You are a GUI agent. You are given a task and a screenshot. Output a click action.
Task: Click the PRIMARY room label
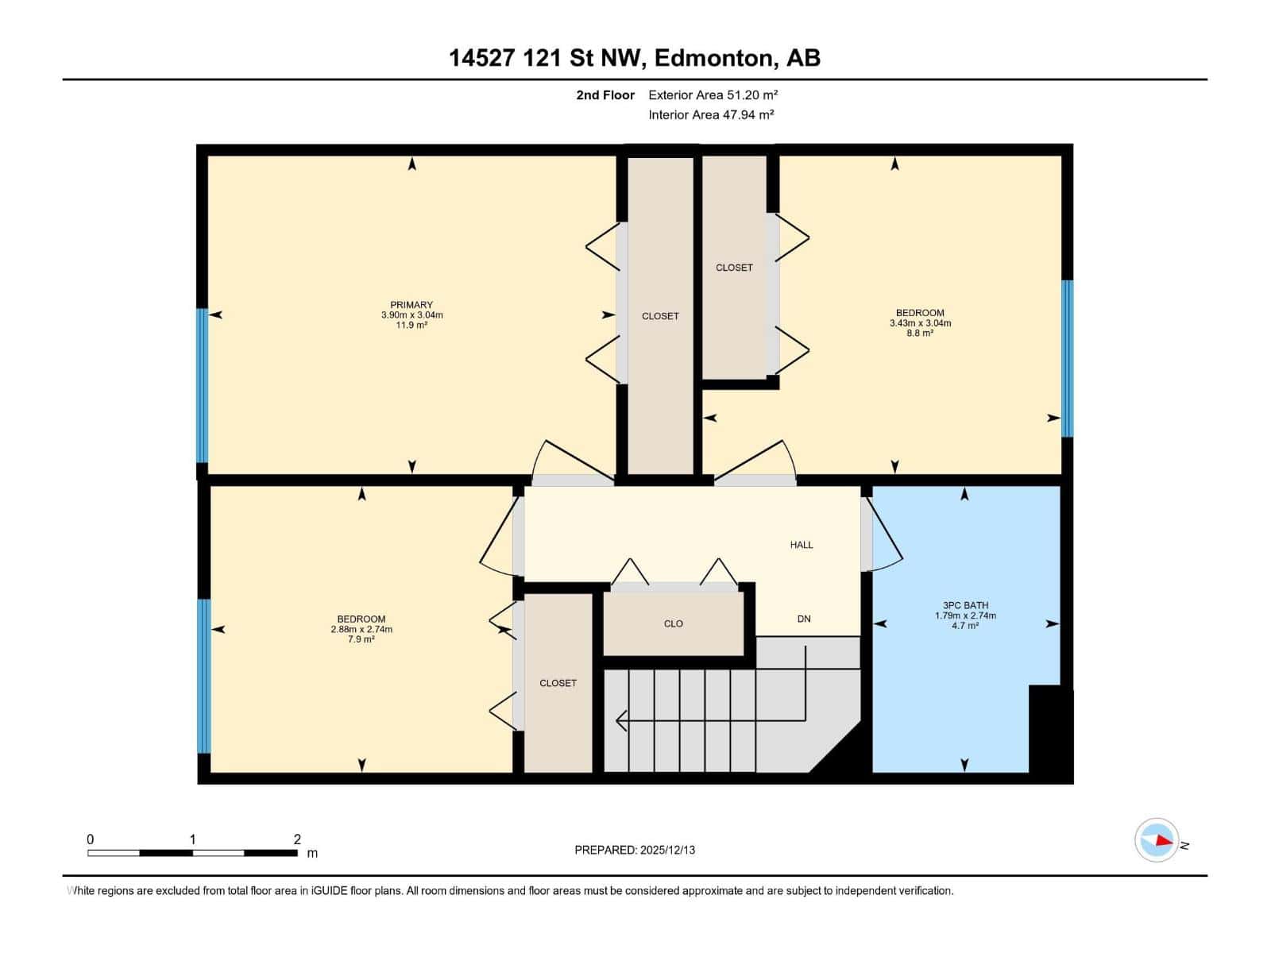tap(411, 305)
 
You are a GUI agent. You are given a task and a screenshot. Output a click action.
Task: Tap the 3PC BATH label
tap(965, 605)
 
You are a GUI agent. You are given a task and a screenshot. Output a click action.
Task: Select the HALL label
tap(802, 545)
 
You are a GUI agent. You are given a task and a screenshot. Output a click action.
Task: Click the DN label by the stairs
tap(804, 619)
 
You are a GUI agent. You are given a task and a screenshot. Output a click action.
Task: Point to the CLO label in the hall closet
tap(673, 623)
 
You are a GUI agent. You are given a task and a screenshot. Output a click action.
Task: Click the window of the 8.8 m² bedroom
tap(1068, 358)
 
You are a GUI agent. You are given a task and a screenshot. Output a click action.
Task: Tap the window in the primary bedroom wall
tap(203, 386)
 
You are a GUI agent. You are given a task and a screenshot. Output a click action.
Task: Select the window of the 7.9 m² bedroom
tap(204, 676)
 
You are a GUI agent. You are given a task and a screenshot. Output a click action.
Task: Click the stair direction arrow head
tap(621, 721)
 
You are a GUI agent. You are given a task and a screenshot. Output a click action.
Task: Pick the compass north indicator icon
tap(1157, 840)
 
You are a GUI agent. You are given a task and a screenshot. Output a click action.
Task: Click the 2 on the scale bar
tap(297, 839)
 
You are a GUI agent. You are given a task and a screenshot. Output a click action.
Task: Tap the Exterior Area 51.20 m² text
tap(712, 95)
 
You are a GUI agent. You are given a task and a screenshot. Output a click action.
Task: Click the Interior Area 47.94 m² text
tap(710, 114)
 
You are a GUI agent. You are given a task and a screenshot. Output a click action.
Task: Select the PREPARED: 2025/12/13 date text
tap(635, 850)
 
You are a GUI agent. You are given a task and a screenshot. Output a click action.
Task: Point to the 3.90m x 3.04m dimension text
tap(411, 315)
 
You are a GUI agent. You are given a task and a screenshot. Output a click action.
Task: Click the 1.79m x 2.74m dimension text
tap(965, 615)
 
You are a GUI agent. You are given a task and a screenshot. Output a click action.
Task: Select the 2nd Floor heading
tap(605, 95)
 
